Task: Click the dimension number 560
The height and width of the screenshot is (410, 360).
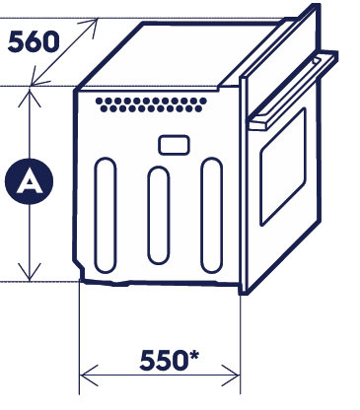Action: (x=33, y=41)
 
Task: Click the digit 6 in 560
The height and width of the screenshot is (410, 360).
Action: (x=33, y=41)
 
